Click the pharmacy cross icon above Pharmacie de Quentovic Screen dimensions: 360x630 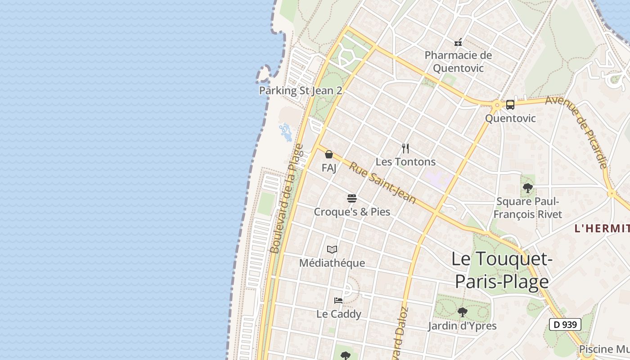point(458,43)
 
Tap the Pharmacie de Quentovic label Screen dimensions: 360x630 point(459,62)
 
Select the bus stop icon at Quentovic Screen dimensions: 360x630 point(510,105)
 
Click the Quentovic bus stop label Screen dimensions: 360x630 point(510,118)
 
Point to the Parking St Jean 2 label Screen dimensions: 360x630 point(301,90)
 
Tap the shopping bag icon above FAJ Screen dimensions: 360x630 point(329,154)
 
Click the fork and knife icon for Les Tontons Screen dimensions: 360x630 point(405,148)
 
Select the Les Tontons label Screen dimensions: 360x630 point(405,162)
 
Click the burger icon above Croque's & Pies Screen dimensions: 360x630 point(352,198)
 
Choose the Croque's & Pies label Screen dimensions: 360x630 point(352,211)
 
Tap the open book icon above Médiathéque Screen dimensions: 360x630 point(332,249)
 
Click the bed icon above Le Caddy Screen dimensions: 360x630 point(338,300)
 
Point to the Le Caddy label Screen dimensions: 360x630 point(338,314)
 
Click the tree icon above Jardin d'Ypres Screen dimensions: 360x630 point(462,312)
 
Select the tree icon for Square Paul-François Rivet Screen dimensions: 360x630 point(528,188)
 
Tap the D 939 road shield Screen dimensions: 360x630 point(565,324)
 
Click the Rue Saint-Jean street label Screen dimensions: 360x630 point(382,183)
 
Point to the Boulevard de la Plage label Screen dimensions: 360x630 point(286,198)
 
